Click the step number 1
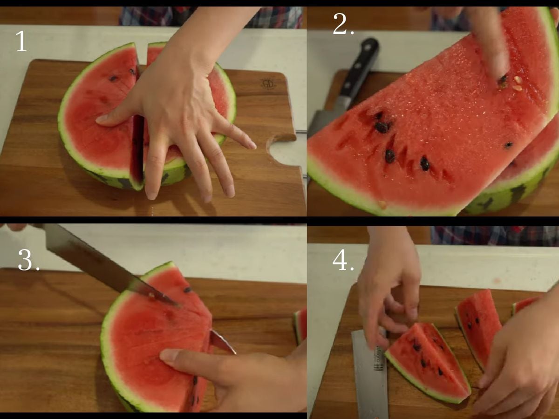[x=21, y=41]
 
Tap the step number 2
[x=343, y=24]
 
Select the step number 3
[x=28, y=259]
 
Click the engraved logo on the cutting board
[x=268, y=83]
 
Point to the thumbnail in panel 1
[x=102, y=118]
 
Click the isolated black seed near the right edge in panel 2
[x=509, y=145]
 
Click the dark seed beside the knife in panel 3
[x=188, y=290]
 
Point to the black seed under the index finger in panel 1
[x=113, y=79]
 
